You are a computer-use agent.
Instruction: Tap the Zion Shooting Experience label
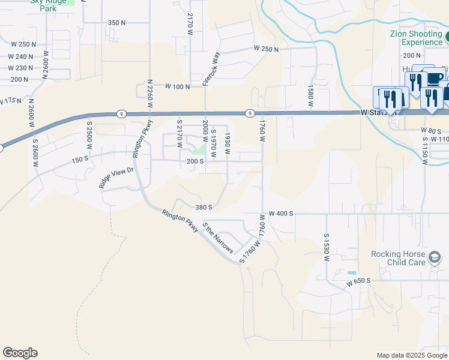point(416,38)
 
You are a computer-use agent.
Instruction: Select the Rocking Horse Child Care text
point(398,258)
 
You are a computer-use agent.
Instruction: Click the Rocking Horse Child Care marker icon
point(435,258)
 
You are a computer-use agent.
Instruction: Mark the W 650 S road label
point(360,281)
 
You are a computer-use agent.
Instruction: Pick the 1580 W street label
point(311,95)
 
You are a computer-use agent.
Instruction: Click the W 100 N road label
point(178,87)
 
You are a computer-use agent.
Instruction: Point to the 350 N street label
point(116,23)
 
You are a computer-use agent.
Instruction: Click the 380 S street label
point(204,208)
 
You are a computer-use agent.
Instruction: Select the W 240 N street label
point(22,56)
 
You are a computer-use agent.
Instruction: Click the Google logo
point(20,353)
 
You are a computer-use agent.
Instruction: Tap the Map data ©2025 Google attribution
point(411,355)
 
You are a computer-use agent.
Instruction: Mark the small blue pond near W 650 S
point(351,274)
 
